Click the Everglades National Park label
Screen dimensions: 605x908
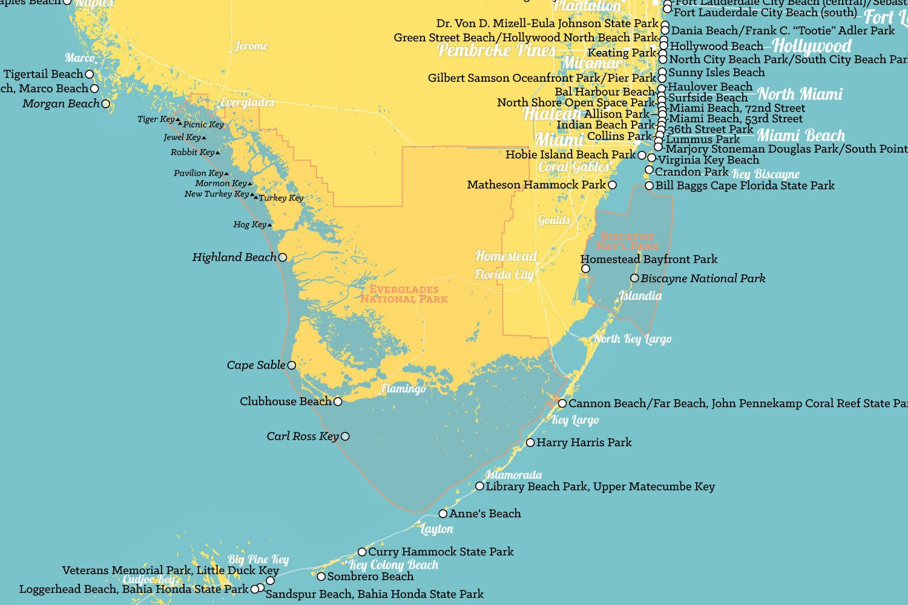click(404, 294)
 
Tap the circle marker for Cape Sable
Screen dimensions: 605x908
click(292, 365)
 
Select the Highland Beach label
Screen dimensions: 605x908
click(234, 257)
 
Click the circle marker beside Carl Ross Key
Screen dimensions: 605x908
click(345, 436)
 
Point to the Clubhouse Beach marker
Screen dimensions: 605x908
click(338, 402)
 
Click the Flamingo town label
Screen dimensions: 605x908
click(403, 389)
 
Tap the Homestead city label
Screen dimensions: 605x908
click(505, 256)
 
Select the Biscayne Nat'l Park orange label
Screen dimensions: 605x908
click(627, 241)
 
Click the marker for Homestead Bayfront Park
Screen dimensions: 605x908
click(585, 268)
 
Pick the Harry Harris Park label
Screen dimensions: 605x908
click(584, 443)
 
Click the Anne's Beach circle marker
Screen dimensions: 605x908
click(443, 514)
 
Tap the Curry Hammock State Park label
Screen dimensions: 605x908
click(441, 552)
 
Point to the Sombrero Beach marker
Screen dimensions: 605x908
click(321, 577)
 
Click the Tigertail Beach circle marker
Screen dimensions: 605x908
click(90, 74)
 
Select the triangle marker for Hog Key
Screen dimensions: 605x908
click(269, 225)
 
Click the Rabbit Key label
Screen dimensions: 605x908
click(192, 152)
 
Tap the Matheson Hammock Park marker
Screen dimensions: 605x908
click(612, 185)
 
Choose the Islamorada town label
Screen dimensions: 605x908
click(513, 475)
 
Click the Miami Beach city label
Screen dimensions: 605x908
click(801, 136)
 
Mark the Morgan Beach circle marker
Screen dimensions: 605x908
click(106, 104)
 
